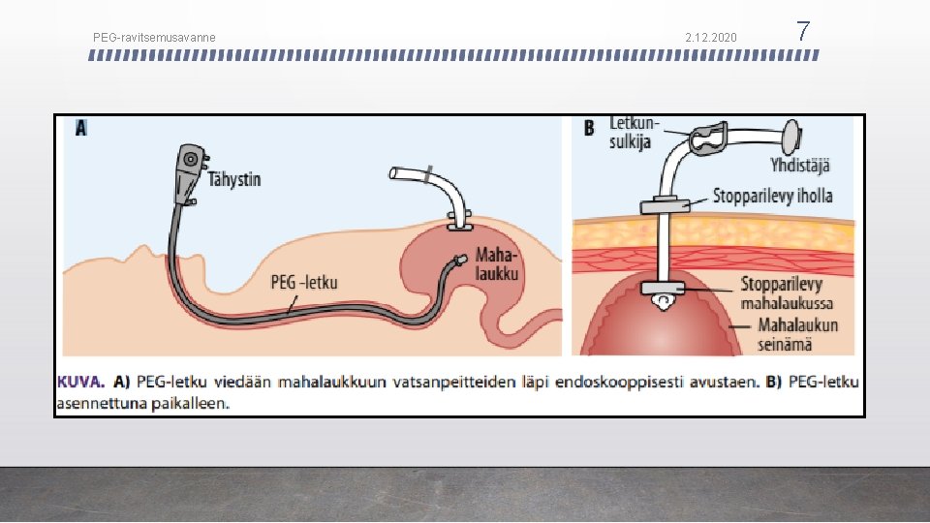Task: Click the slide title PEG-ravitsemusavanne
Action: point(154,38)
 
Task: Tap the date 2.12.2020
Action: point(710,38)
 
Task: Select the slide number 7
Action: point(802,32)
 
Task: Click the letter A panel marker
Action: point(80,128)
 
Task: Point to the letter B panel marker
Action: point(589,128)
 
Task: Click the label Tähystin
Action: point(233,179)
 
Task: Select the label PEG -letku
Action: point(303,282)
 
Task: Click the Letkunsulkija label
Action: point(635,133)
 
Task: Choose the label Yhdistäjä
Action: point(799,166)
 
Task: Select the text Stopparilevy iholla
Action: point(772,197)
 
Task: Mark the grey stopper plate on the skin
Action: point(666,205)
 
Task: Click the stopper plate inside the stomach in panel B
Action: point(666,288)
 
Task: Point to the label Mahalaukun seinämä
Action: point(797,333)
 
